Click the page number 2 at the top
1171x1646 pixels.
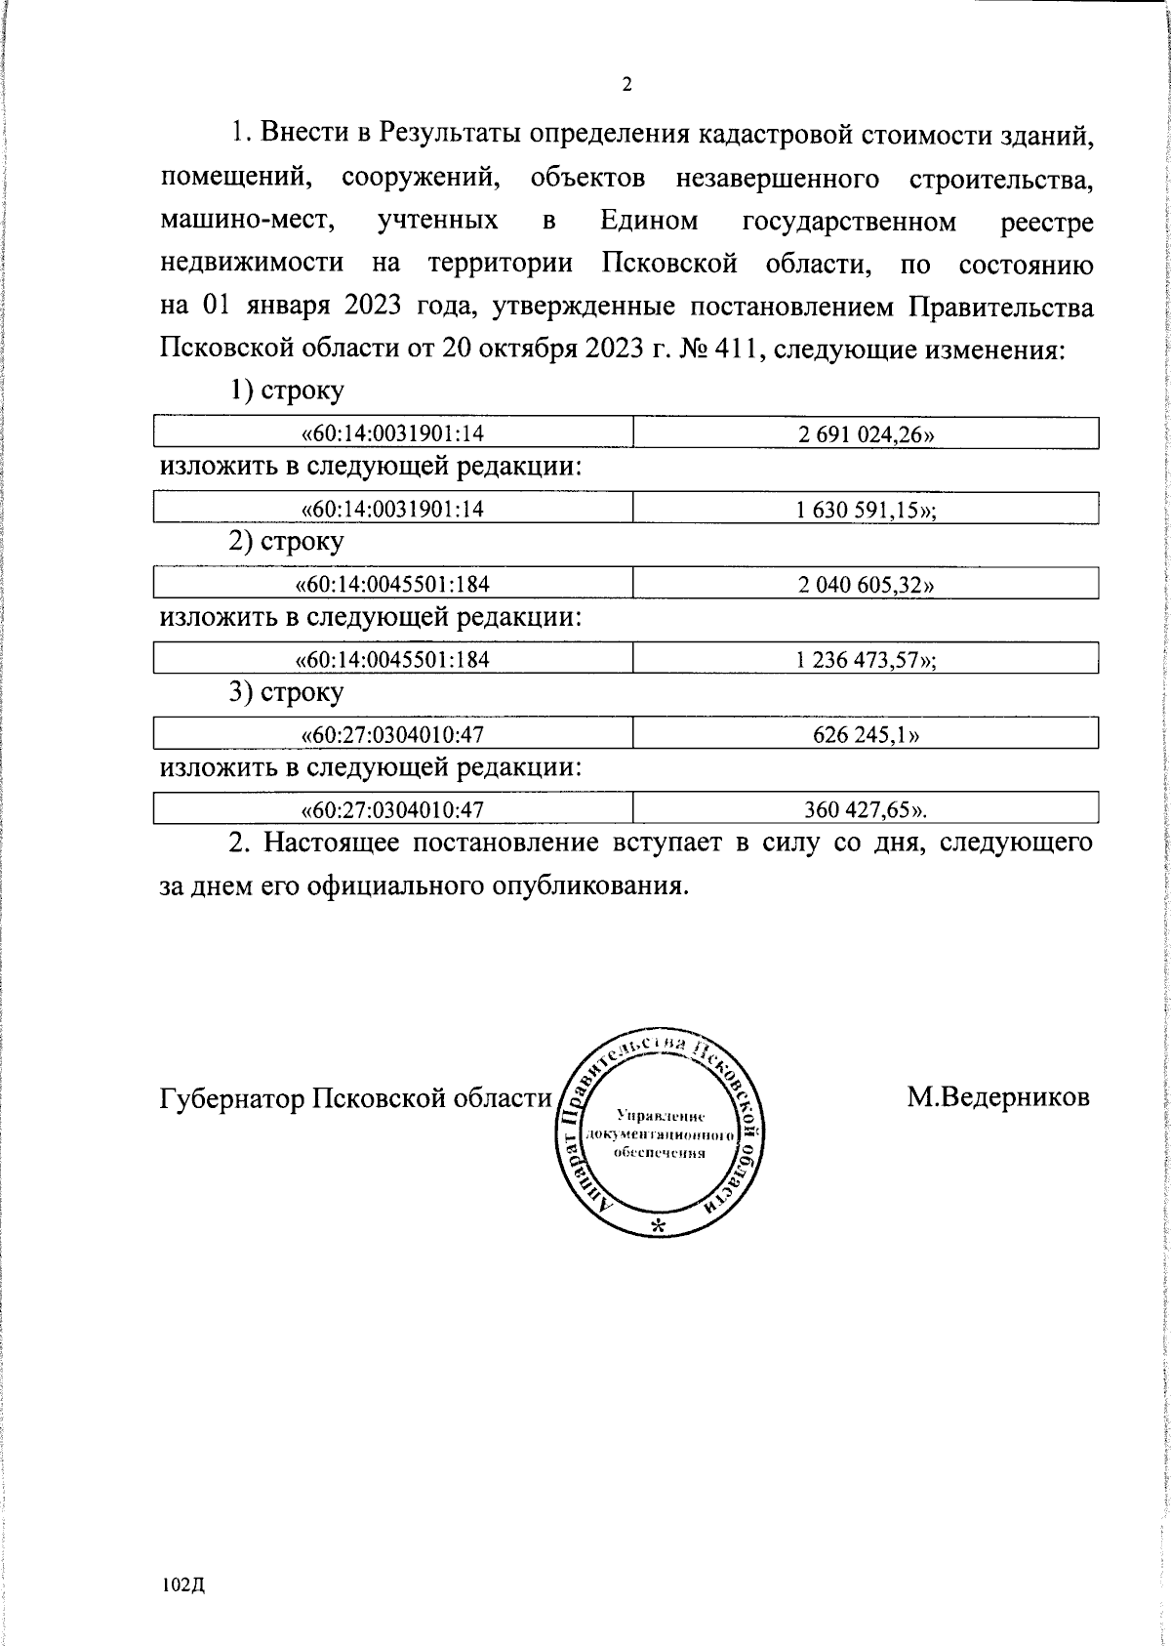pos(626,85)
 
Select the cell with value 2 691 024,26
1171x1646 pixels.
pos(866,434)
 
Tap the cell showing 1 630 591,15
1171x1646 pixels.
pos(866,510)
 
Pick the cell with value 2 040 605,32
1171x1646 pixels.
pos(866,585)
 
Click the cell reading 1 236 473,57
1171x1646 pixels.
pos(866,660)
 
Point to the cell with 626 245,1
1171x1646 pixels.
pos(866,734)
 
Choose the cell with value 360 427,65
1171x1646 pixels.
pos(866,809)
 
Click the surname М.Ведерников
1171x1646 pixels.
pos(997,1096)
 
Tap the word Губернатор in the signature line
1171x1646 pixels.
pos(231,1098)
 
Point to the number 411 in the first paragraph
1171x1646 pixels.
pos(732,350)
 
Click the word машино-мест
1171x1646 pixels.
pos(247,222)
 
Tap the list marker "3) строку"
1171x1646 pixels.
pos(286,692)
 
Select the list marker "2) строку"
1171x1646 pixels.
pos(286,541)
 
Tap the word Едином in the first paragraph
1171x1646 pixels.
pos(650,222)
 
